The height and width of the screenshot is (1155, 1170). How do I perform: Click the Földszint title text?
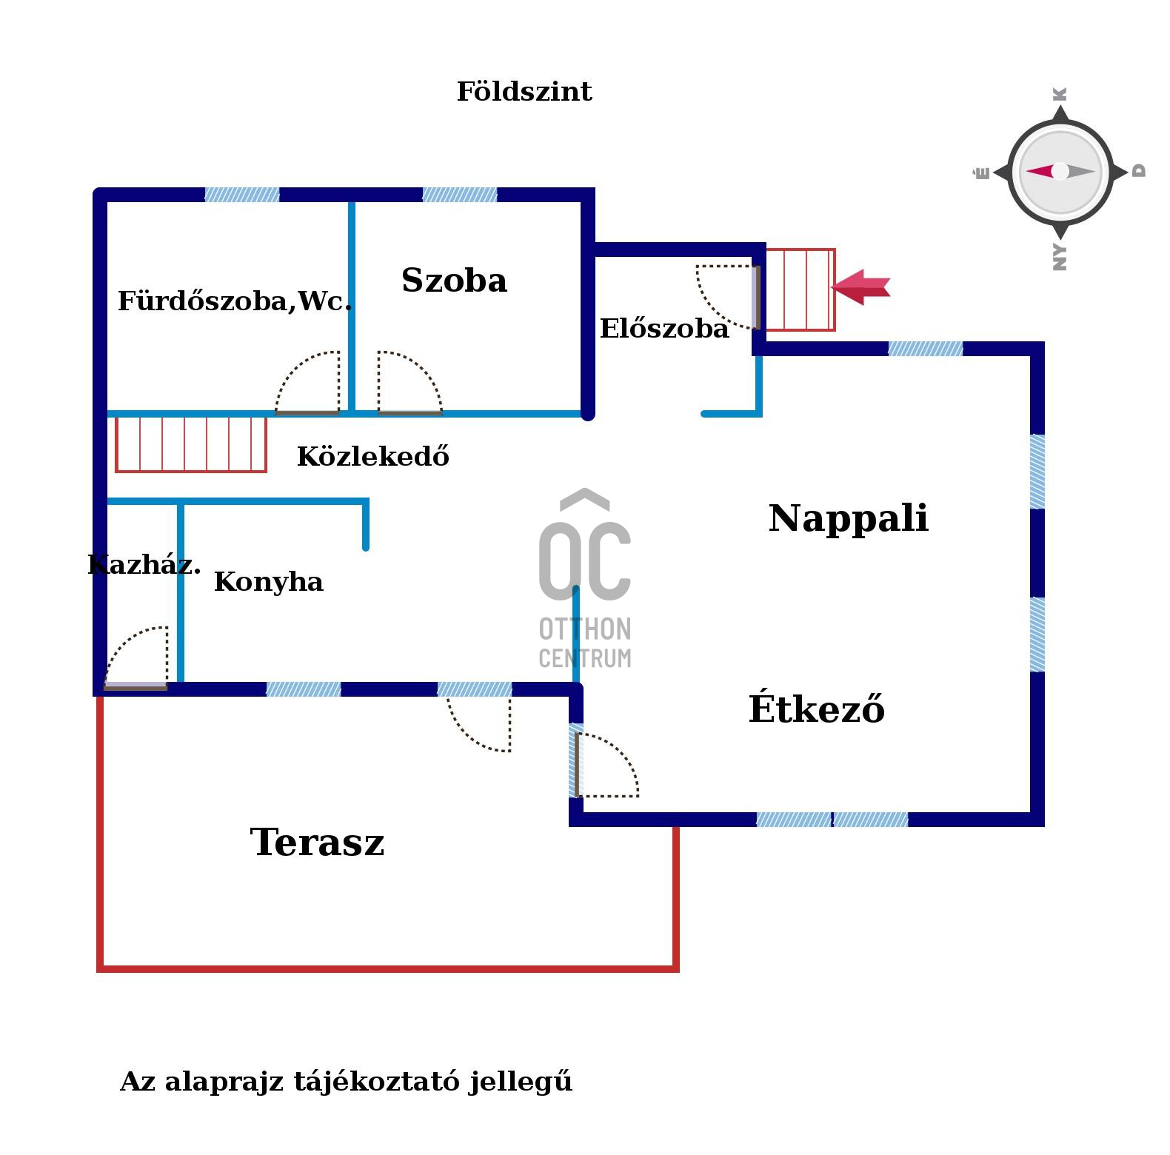524,92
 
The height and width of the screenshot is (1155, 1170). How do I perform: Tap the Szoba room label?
454,281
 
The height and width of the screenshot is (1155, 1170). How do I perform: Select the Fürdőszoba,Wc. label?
234,301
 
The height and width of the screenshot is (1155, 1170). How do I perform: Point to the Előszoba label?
664,329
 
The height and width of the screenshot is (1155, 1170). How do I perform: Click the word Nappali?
848,518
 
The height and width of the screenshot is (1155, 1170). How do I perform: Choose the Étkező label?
816,709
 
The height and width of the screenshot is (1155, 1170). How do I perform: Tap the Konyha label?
268,582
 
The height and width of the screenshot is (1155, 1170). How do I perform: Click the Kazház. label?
144,565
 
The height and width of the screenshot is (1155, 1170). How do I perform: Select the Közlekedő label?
372,457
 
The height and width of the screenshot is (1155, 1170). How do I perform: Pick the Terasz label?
317,843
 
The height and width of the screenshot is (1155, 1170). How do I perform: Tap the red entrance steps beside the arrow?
799,289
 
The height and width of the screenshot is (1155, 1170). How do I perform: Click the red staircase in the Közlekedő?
190,444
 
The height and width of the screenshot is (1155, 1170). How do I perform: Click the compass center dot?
1060,172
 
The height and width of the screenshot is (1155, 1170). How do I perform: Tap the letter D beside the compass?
1140,171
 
